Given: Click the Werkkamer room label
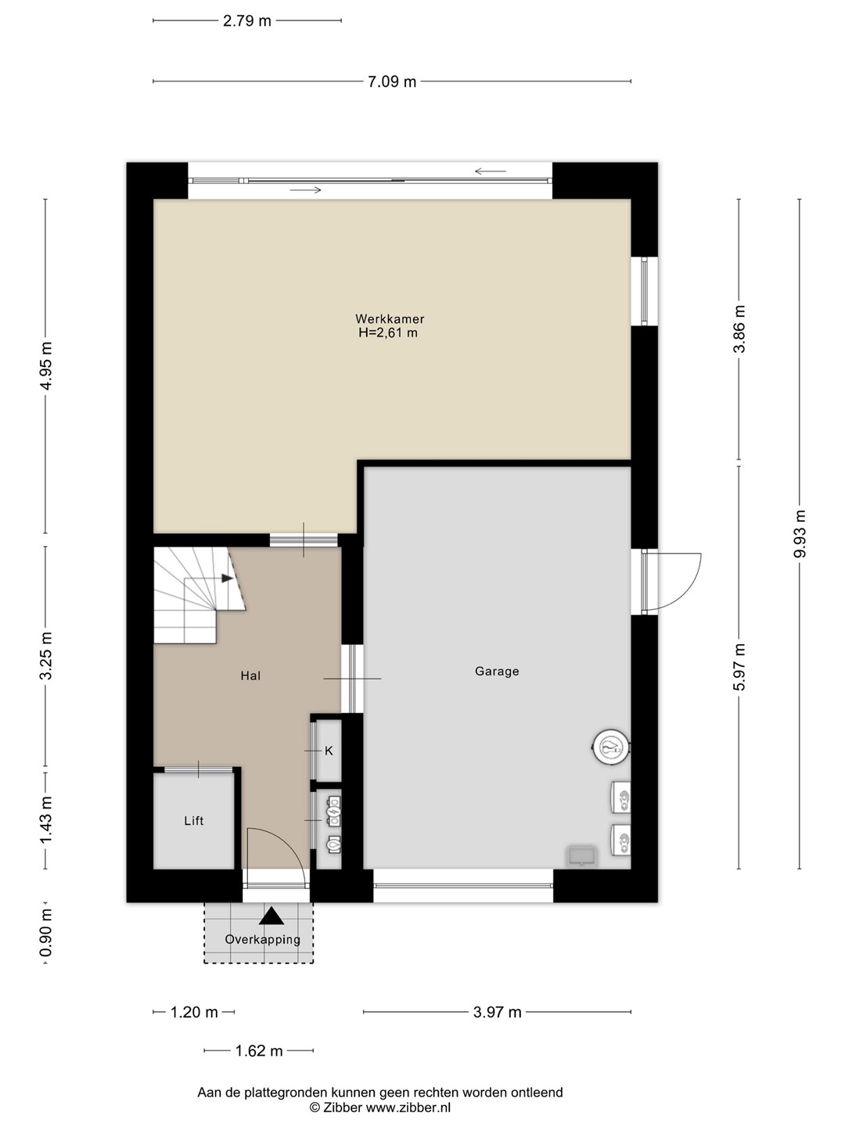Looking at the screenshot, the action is pos(390,319).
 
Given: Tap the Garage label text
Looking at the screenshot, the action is pos(497,671).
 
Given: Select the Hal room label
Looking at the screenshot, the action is pos(250,675).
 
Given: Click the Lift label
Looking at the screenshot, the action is pos(193,820).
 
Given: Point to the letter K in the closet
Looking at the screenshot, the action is pos(329,751).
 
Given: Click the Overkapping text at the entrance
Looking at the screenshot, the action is pos(263,939).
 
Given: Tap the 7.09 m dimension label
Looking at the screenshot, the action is pos(392,81).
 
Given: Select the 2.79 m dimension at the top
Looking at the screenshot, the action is pos(246,21).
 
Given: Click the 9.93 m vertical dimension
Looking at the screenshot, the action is pos(800,534).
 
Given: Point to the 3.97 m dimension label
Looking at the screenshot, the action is pos(497,1012).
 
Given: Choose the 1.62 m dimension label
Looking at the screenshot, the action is pos(258,1050).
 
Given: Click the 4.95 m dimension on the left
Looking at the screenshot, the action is pos(45,365).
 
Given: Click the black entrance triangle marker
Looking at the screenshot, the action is pos(271,916).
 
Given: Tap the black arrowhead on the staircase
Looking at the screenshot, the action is pos(227,578).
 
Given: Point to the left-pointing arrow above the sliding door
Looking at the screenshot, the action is pos(491,171).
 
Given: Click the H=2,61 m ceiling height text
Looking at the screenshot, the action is pos(388,333).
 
